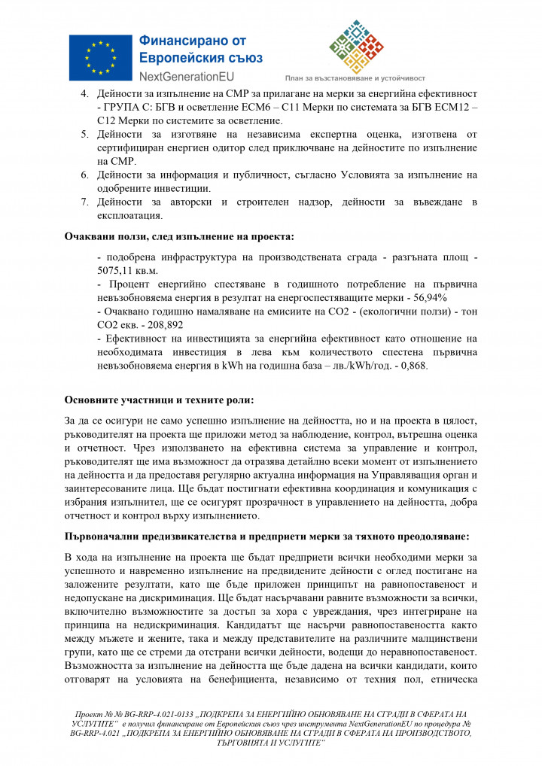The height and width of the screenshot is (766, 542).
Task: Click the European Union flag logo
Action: (x=99, y=57)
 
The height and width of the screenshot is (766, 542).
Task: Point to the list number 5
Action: (x=84, y=134)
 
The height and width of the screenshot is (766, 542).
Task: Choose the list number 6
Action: (x=84, y=175)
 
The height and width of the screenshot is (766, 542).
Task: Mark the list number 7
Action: (x=84, y=202)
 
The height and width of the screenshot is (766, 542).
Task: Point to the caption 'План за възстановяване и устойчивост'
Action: (x=355, y=78)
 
